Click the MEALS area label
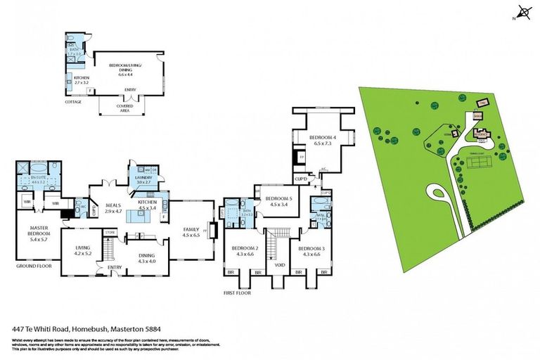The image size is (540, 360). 112,205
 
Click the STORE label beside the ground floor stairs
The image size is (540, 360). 109,231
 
